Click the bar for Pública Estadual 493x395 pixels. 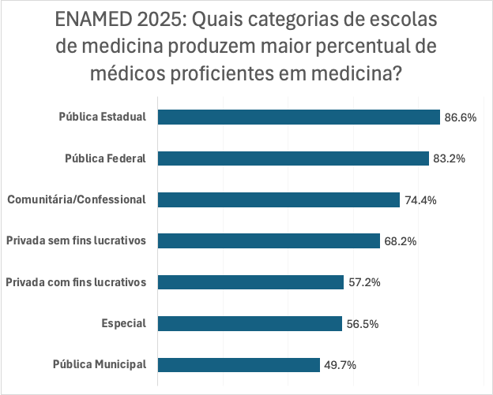(299, 117)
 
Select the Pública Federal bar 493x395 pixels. (293, 158)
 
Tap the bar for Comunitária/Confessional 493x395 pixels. (279, 199)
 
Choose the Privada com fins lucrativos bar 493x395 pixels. (251, 282)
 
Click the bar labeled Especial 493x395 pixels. (250, 323)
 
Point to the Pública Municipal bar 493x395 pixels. (239, 364)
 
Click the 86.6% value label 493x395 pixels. (461, 117)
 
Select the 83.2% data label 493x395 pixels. (449, 158)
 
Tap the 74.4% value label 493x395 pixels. (420, 200)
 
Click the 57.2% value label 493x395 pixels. (364, 282)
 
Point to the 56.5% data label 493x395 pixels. (362, 323)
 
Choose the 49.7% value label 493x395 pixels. (340, 364)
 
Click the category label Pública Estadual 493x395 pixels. (103, 117)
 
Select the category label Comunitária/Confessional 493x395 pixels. (77, 199)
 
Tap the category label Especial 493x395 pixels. (124, 323)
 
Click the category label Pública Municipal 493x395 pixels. (100, 364)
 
